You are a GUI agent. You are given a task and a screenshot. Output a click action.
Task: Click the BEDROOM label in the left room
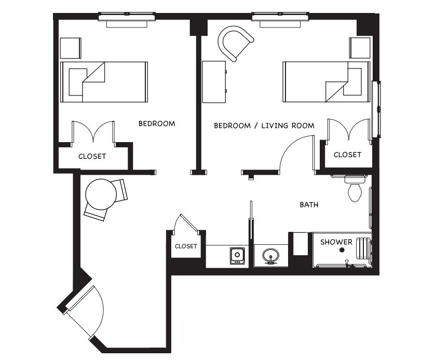(157, 124)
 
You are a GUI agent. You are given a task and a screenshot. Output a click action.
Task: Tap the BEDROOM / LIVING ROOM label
(264, 126)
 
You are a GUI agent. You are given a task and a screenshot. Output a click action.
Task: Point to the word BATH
(309, 205)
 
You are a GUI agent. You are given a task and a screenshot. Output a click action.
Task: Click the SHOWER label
(336, 242)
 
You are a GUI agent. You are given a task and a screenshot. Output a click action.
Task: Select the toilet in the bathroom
(355, 189)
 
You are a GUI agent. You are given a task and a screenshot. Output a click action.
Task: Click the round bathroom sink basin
(270, 255)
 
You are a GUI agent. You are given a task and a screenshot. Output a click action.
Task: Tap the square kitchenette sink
(237, 256)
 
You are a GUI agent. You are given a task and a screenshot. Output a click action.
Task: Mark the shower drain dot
(342, 250)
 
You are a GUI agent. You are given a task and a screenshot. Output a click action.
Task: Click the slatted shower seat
(363, 248)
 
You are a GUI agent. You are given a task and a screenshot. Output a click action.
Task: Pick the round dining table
(101, 194)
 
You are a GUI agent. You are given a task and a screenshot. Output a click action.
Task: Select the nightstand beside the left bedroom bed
(71, 48)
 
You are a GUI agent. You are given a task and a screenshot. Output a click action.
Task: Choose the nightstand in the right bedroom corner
(360, 48)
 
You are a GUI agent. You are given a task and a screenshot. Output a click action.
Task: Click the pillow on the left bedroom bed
(78, 82)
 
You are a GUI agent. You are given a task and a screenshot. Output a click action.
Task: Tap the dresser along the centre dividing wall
(214, 82)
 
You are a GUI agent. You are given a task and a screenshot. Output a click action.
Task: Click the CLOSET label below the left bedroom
(92, 156)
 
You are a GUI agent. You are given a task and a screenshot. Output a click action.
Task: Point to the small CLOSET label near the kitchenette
(186, 246)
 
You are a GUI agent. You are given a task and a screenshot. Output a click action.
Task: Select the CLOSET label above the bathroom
(347, 155)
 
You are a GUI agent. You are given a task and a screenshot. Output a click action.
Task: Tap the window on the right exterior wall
(376, 109)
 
